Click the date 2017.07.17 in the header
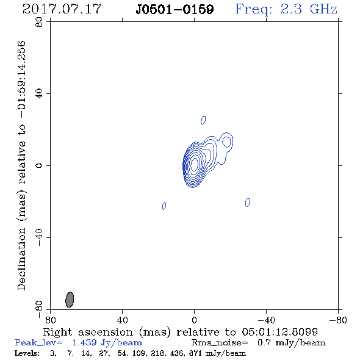tap(62, 9)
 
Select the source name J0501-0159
tap(175, 10)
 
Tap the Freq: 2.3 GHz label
tap(286, 10)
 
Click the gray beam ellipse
tap(70, 300)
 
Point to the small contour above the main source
tap(203, 120)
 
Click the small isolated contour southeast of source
tap(164, 206)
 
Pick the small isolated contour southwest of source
tap(248, 202)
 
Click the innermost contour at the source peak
tap(194, 164)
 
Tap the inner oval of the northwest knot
tap(227, 142)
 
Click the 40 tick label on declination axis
tap(39, 94)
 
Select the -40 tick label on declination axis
tap(39, 237)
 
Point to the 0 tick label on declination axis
tap(39, 165)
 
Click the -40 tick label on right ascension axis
tap(266, 320)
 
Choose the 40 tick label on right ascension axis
tap(123, 320)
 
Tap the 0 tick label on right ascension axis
tap(194, 320)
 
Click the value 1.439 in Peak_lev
tap(84, 342)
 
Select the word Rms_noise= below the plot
tap(220, 343)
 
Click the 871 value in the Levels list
tap(195, 353)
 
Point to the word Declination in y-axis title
tap(21, 259)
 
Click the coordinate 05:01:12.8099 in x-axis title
tap(279, 332)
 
